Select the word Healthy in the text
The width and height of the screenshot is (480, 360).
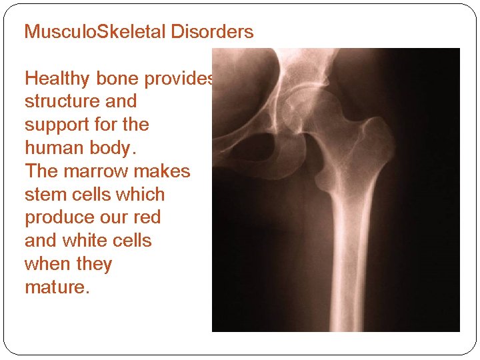tap(57, 79)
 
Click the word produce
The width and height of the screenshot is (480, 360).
tap(57, 218)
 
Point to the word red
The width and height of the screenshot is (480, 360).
tap(147, 218)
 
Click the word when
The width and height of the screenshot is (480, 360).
tap(47, 264)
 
